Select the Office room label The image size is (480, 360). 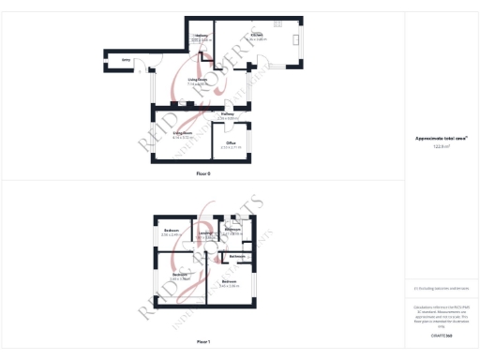(231, 143)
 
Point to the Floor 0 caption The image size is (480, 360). (203, 174)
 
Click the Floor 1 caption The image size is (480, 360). (203, 341)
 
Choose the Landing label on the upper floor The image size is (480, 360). (203, 235)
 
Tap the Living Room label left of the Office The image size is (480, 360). (182, 134)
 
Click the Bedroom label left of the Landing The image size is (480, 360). (171, 231)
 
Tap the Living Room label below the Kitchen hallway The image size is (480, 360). (197, 82)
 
